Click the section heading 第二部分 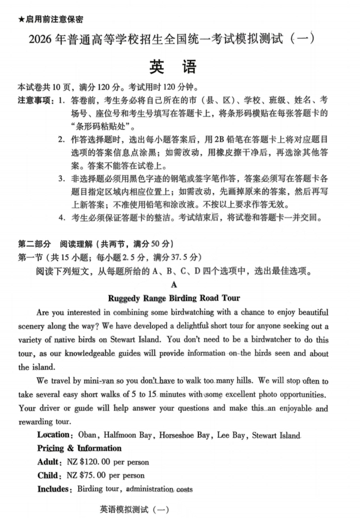[x=34, y=244]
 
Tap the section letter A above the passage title [x=174, y=285]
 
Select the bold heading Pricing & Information [x=79, y=448]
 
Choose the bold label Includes [x=55, y=489]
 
